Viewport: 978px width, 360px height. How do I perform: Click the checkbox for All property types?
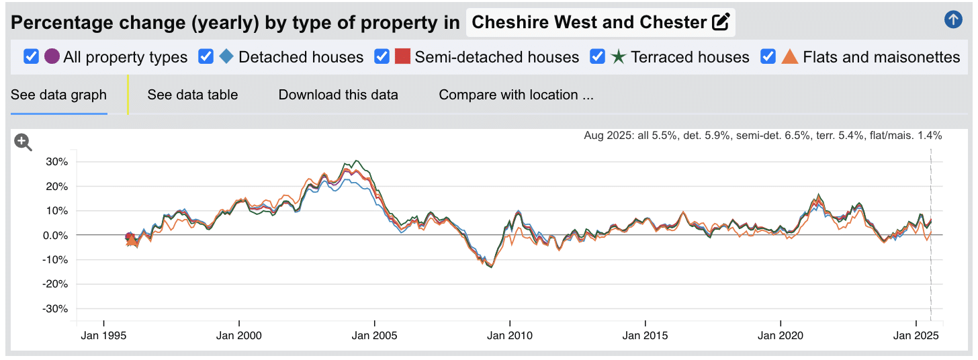pyautogui.click(x=31, y=57)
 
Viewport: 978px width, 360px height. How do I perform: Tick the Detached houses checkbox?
pyautogui.click(x=206, y=57)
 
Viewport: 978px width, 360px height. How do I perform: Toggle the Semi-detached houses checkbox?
pyautogui.click(x=382, y=57)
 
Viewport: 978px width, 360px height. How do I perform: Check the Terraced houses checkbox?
pyautogui.click(x=597, y=57)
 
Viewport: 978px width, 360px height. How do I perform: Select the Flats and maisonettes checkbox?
pyautogui.click(x=768, y=57)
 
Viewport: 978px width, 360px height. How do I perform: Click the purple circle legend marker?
pyautogui.click(x=52, y=57)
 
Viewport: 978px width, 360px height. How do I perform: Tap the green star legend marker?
pyautogui.click(x=619, y=57)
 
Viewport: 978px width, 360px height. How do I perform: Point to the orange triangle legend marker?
pyautogui.click(x=791, y=57)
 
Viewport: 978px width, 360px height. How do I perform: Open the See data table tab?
pyautogui.click(x=193, y=95)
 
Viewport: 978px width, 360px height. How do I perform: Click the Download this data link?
pyautogui.click(x=338, y=95)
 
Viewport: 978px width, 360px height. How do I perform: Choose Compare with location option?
pyautogui.click(x=516, y=95)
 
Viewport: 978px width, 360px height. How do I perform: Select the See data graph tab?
pyautogui.click(x=58, y=95)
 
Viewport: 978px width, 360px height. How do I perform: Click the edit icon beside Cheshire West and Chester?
pyautogui.click(x=720, y=22)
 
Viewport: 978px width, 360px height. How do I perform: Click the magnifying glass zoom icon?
pyautogui.click(x=24, y=142)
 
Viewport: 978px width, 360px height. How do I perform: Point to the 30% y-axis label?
pyautogui.click(x=56, y=162)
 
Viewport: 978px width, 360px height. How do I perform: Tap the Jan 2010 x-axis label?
pyautogui.click(x=510, y=335)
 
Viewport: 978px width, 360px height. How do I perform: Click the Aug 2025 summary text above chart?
pyautogui.click(x=762, y=136)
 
